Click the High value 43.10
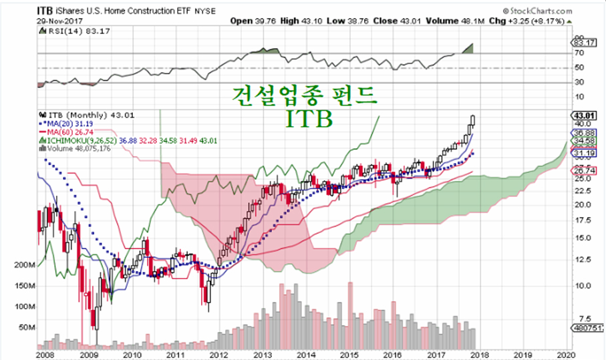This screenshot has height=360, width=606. click(305, 21)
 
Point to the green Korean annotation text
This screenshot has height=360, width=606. click(303, 95)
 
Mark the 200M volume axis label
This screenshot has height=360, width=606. click(24, 265)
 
